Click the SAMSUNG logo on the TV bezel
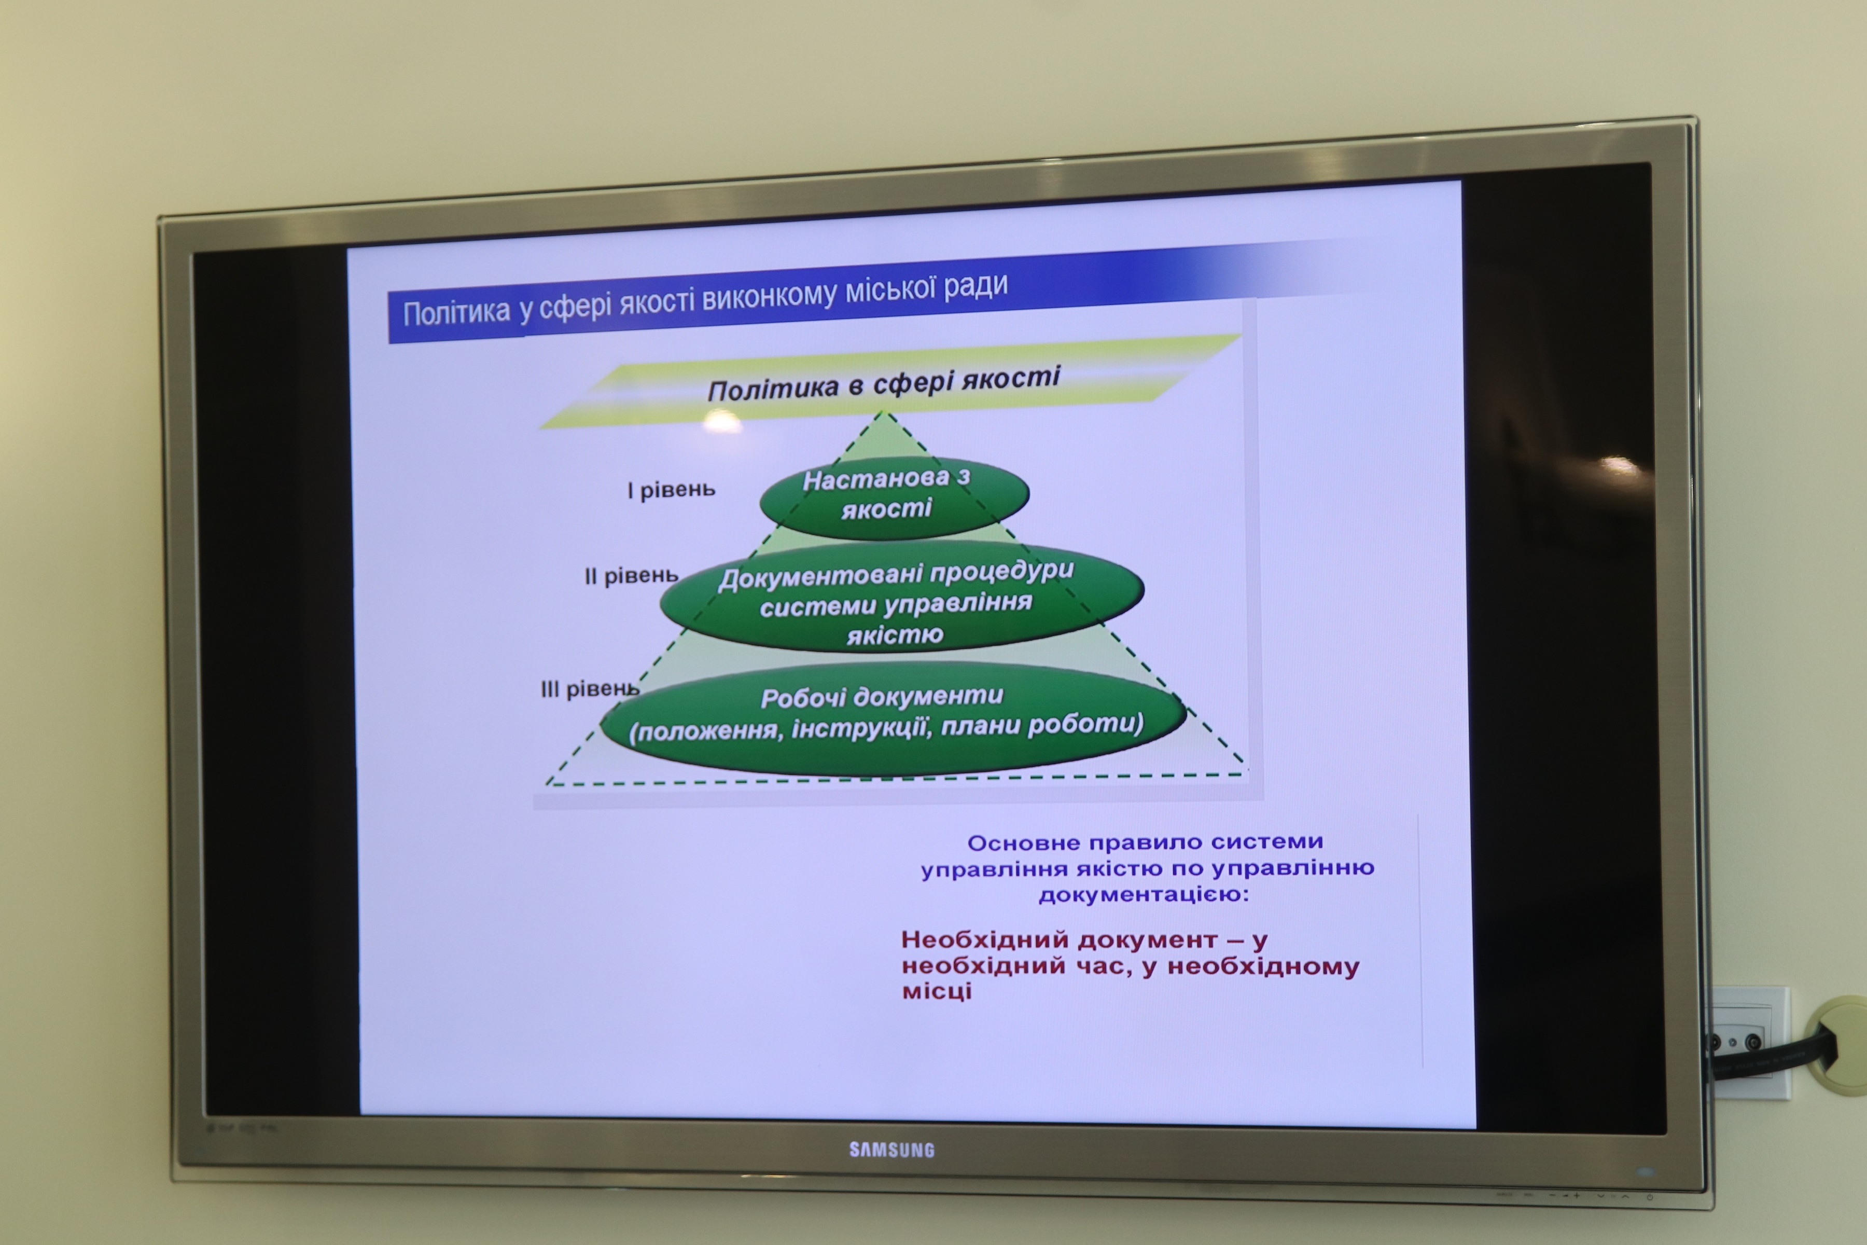click(891, 1149)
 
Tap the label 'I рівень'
click(671, 490)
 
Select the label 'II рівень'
click(631, 576)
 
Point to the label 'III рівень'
click(589, 688)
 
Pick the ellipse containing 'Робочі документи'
click(893, 718)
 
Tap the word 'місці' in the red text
click(937, 991)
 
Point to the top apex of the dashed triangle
click(881, 411)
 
